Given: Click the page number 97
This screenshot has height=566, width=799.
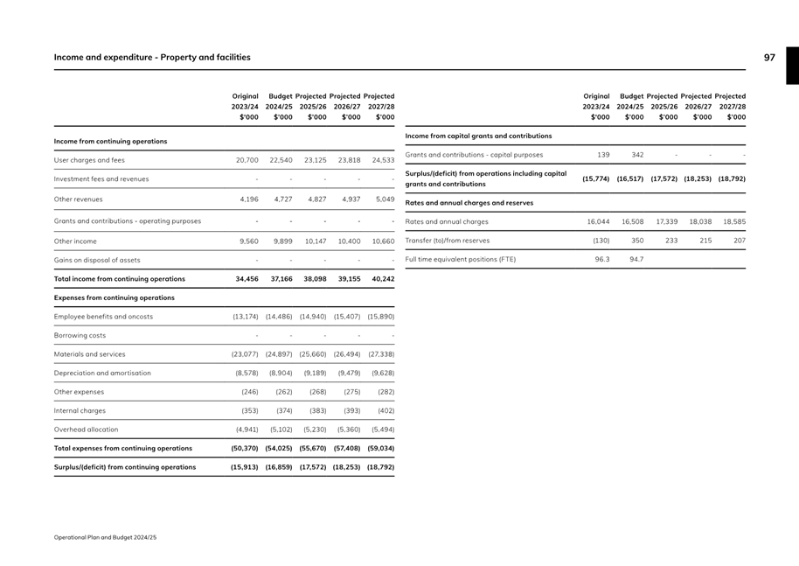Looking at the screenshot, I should tap(769, 58).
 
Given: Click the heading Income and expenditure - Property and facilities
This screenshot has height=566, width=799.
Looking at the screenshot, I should tap(152, 58).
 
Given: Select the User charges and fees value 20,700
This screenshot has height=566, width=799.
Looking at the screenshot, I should tap(247, 161).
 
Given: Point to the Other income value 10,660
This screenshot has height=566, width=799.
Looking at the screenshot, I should tap(383, 241).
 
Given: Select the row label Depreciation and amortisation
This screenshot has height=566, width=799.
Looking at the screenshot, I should tap(102, 374).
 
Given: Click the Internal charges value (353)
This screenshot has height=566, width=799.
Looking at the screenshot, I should tap(250, 410).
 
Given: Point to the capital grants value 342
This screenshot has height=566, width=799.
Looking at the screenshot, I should tap(636, 155).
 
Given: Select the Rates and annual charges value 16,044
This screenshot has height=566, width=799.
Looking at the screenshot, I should tap(598, 222).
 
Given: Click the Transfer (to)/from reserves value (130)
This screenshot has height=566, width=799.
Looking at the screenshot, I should tap(601, 241).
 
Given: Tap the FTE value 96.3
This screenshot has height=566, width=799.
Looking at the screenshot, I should tap(600, 260).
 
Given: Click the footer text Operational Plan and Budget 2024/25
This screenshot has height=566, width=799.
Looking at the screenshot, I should tap(105, 536).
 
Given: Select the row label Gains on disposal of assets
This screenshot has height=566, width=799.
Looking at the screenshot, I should tap(96, 261).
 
